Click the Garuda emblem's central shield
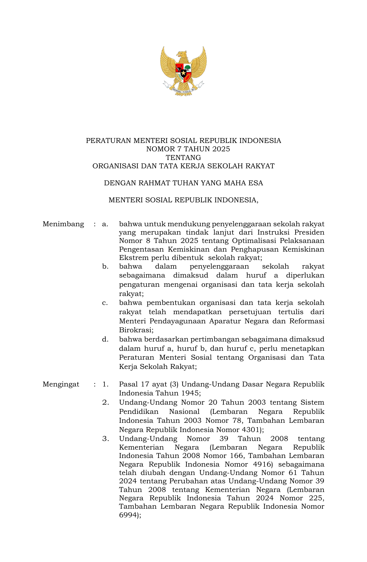click(x=183, y=72)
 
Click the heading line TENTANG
click(x=183, y=158)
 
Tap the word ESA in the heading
click(x=256, y=183)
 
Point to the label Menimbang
click(x=63, y=224)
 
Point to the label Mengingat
click(x=61, y=384)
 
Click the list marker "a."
click(x=105, y=224)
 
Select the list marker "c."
click(x=105, y=303)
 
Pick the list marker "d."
click(x=105, y=339)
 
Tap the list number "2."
click(x=105, y=402)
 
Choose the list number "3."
click(x=105, y=439)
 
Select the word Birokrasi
click(x=136, y=330)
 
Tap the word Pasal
click(x=128, y=384)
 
